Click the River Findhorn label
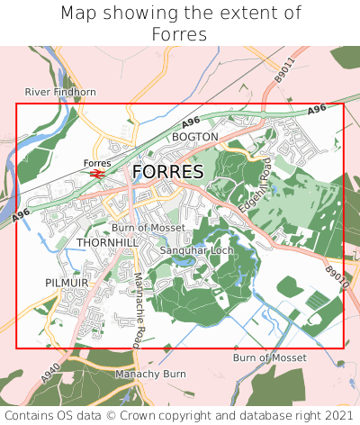pyautogui.click(x=60, y=92)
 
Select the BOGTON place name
pyautogui.click(x=195, y=137)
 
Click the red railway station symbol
pyautogui.click(x=96, y=173)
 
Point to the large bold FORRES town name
pyautogui.click(x=167, y=172)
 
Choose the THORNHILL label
pyautogui.click(x=107, y=243)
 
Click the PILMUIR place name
pyautogui.click(x=66, y=283)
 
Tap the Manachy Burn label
pyautogui.click(x=150, y=373)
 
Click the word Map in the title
pyautogui.click(x=79, y=14)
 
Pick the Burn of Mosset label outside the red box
pyautogui.click(x=271, y=357)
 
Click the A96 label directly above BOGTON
pyautogui.click(x=190, y=122)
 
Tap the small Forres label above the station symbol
pyautogui.click(x=96, y=163)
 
